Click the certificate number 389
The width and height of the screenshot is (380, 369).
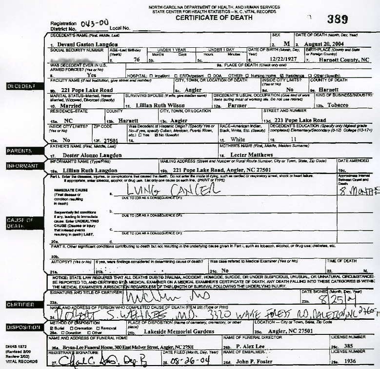pos(338,19)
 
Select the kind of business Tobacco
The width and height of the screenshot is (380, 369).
pos(338,105)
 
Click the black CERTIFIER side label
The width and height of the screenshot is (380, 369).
pos(20,304)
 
